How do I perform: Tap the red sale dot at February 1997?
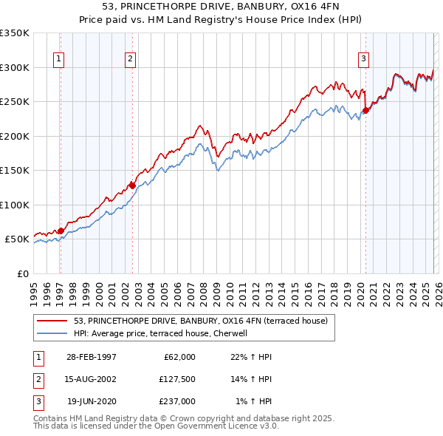click(x=61, y=231)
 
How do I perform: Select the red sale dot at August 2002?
click(x=132, y=185)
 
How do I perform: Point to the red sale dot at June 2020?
click(x=365, y=111)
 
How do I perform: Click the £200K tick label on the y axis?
click(x=15, y=136)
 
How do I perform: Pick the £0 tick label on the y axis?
click(x=22, y=273)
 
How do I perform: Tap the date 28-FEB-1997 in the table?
click(x=91, y=357)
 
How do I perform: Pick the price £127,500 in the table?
click(x=176, y=379)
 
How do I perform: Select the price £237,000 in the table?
click(x=176, y=401)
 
